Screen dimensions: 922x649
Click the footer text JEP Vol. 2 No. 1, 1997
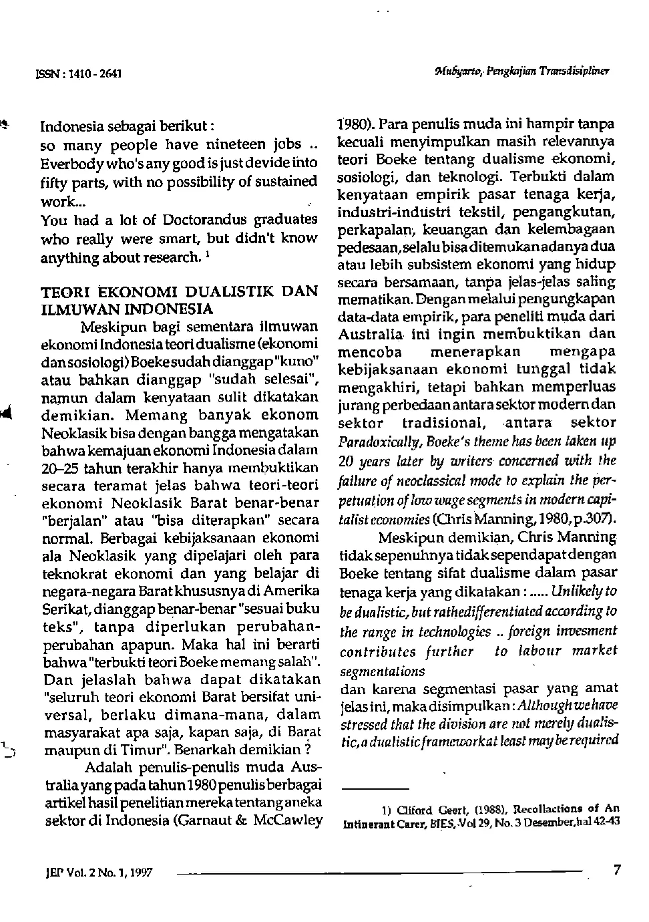coord(97,872)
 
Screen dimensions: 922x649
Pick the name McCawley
coord(289,819)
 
